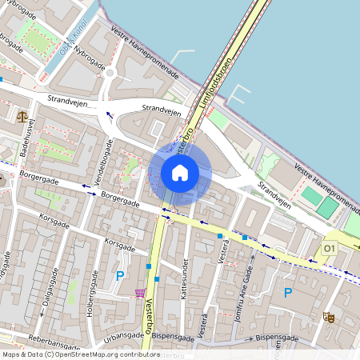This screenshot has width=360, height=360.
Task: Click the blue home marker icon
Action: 180,172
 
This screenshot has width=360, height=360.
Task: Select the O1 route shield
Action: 329,250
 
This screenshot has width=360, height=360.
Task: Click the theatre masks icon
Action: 327,317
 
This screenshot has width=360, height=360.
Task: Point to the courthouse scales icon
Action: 21,116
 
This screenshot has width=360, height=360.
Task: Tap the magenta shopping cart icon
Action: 141,293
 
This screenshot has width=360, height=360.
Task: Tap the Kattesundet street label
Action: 185,277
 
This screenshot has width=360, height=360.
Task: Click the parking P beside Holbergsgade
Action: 120,276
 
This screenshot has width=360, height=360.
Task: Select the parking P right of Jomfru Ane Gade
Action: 288,293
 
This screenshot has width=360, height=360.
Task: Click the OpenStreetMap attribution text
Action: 81,354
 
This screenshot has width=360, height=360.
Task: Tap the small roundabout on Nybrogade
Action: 110,74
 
